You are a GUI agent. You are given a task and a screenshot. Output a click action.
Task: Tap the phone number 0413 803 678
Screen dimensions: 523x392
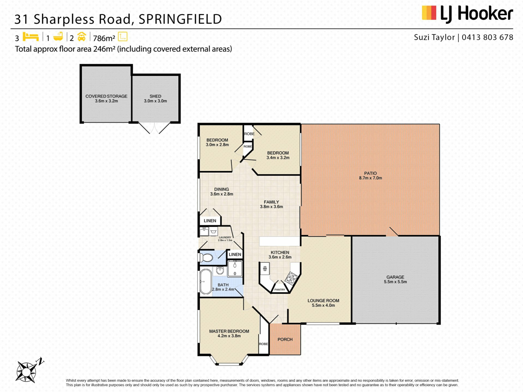pyautogui.click(x=487, y=37)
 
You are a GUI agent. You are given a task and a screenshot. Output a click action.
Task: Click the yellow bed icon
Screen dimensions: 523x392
pyautogui.click(x=31, y=37)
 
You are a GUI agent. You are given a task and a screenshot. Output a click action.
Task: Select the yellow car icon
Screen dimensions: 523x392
pyautogui.click(x=82, y=37)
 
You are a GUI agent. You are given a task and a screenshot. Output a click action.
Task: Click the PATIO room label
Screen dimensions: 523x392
pyautogui.click(x=370, y=173)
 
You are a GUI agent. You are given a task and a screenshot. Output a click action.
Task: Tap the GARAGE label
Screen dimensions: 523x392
pyautogui.click(x=395, y=277)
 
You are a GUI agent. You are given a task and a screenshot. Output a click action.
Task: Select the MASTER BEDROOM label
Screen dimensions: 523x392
pyautogui.click(x=229, y=331)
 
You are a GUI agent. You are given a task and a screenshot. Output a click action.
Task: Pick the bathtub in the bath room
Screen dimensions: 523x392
pyautogui.click(x=206, y=282)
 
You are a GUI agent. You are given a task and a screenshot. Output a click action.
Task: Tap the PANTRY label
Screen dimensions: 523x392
pyautogui.click(x=280, y=290)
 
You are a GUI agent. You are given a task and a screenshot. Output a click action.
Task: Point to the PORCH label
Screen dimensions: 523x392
pyautogui.click(x=285, y=339)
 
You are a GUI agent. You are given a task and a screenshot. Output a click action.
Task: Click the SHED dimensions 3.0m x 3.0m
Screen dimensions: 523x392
pyautogui.click(x=155, y=101)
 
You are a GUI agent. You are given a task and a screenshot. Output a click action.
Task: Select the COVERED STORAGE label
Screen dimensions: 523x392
pyautogui.click(x=106, y=96)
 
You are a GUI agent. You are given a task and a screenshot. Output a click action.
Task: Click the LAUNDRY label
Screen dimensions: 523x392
pyautogui.click(x=225, y=237)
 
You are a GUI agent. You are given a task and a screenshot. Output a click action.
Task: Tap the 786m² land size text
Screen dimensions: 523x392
pyautogui.click(x=104, y=38)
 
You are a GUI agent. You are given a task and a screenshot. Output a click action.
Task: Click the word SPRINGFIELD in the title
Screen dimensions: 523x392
pyautogui.click(x=180, y=19)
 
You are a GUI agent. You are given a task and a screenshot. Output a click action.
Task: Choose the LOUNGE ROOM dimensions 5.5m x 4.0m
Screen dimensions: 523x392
pyautogui.click(x=323, y=305)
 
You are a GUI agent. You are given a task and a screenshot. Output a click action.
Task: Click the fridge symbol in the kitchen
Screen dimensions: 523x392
pyautogui.click(x=264, y=269)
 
